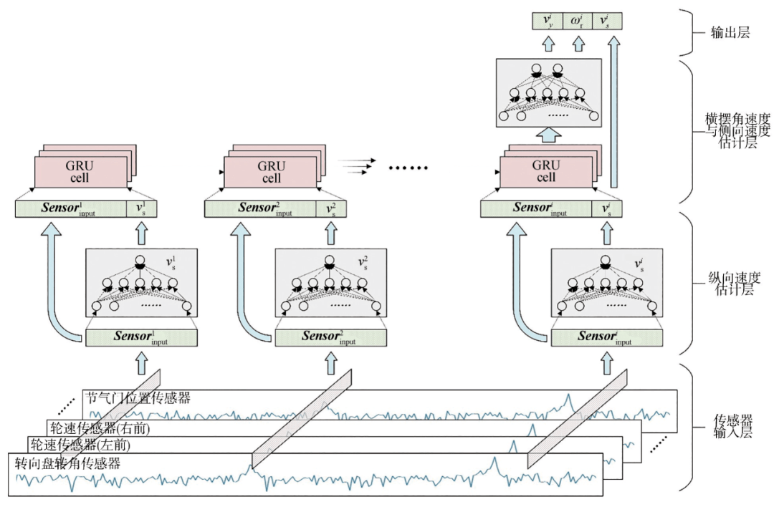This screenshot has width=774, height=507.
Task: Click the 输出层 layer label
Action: pyautogui.click(x=729, y=32)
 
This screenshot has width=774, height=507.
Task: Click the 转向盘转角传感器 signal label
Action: pyautogui.click(x=67, y=463)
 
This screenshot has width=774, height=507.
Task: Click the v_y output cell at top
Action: pyautogui.click(x=547, y=21)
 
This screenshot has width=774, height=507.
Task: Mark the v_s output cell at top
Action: pyautogui.click(x=610, y=21)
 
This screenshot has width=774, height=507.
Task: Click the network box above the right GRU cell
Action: pyautogui.click(x=548, y=94)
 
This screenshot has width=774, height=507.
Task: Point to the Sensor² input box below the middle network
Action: pyautogui.click(x=330, y=337)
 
